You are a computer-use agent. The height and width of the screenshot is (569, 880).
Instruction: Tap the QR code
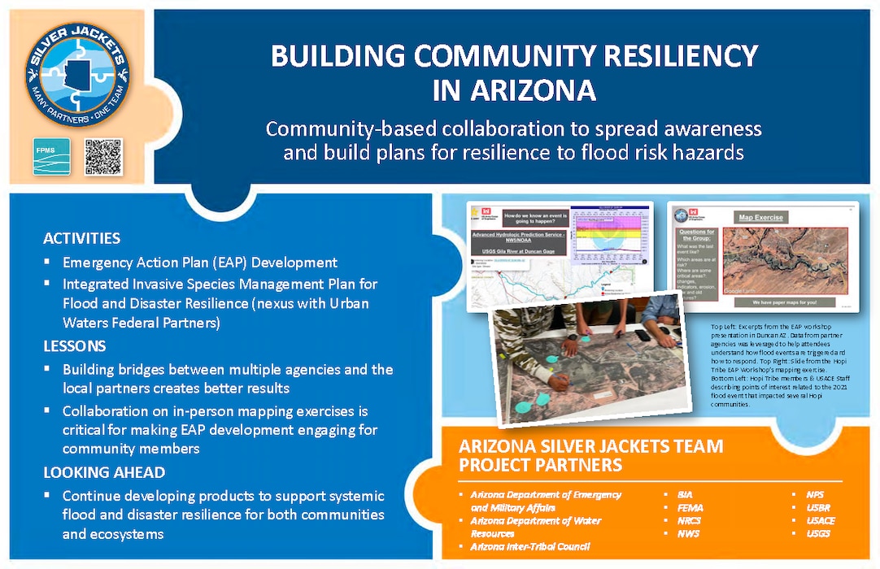(103, 157)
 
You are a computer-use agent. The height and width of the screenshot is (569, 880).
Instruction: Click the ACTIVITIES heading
(81, 239)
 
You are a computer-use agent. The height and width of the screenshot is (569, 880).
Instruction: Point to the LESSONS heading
(74, 345)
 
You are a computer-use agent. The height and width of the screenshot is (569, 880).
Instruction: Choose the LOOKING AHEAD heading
(104, 471)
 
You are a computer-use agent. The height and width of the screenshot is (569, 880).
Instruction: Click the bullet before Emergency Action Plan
(47, 263)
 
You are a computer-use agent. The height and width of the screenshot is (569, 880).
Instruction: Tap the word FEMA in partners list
(689, 506)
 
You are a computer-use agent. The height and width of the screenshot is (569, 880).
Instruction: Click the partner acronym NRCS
(689, 520)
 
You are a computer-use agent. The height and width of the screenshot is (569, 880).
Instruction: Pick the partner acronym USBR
(817, 506)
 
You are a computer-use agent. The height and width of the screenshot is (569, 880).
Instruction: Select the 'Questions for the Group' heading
(695, 236)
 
